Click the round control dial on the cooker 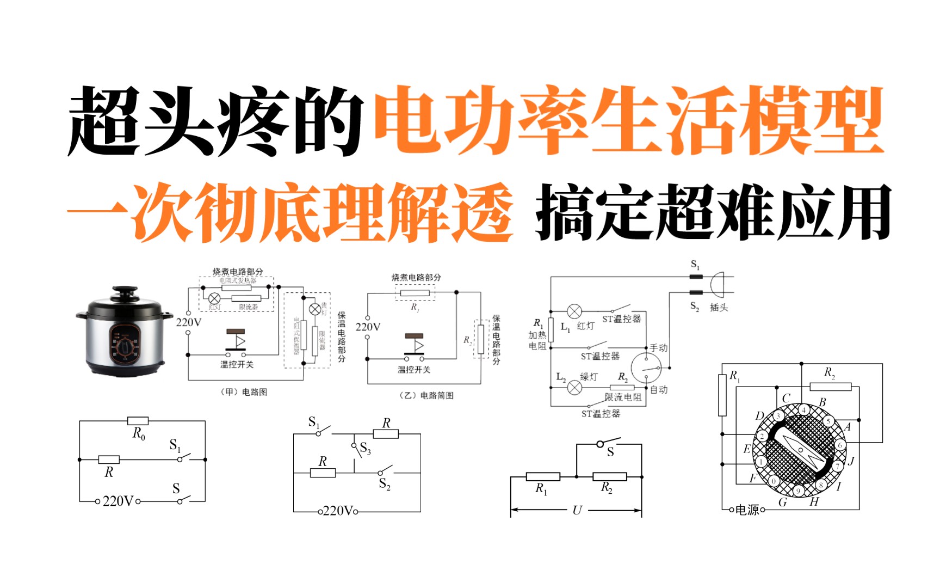click(x=125, y=345)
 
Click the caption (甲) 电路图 click(x=244, y=392)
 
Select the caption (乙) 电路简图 click(x=426, y=395)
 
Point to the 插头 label click(x=719, y=308)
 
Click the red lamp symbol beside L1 click(x=574, y=311)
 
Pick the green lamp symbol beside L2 click(x=574, y=388)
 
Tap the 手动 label click(x=659, y=347)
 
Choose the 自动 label click(x=659, y=390)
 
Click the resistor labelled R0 click(x=138, y=421)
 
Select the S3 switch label click(x=366, y=449)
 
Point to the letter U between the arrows click(x=577, y=510)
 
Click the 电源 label click(x=747, y=510)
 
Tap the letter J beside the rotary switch click(x=851, y=462)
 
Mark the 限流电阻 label click(x=623, y=397)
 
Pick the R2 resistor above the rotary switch click(x=830, y=387)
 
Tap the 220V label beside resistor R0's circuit click(x=117, y=501)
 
